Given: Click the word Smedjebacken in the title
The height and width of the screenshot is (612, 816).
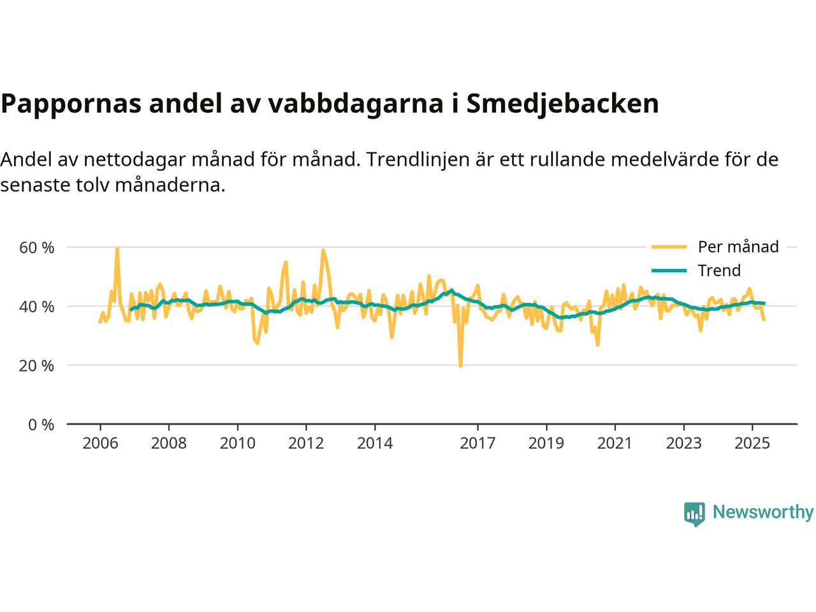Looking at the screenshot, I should [x=562, y=103].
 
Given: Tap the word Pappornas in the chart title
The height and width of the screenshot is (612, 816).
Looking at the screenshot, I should [x=71, y=103].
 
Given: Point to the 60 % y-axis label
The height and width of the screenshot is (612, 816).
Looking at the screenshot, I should [x=36, y=247].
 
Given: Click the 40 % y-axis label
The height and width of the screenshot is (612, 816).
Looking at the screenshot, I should [x=36, y=307].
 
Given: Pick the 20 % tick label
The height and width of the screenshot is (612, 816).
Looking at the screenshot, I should [x=36, y=366].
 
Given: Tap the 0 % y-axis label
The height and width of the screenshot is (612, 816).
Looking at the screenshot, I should [x=41, y=425].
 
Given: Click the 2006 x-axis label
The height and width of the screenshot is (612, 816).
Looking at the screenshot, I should [x=100, y=443].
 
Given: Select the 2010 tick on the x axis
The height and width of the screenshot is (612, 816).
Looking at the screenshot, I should [x=237, y=443].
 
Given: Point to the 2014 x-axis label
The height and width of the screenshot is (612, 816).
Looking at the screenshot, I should [x=375, y=443].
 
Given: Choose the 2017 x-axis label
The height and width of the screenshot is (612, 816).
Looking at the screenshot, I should [x=477, y=443].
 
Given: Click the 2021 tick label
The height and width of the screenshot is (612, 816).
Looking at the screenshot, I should [x=615, y=443].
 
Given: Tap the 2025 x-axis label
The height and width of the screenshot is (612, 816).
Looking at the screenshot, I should [x=752, y=443].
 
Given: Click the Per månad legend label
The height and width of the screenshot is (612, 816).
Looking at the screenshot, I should [x=738, y=247].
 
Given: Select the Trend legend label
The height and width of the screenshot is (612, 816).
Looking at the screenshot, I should [x=719, y=270].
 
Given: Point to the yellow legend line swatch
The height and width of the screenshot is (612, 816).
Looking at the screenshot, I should [x=669, y=247].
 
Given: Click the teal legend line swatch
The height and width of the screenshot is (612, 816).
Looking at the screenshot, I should [x=669, y=270].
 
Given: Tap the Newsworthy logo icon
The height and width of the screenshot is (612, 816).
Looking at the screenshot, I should [x=694, y=513].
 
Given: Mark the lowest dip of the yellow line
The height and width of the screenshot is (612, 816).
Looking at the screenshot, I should [x=460, y=366].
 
